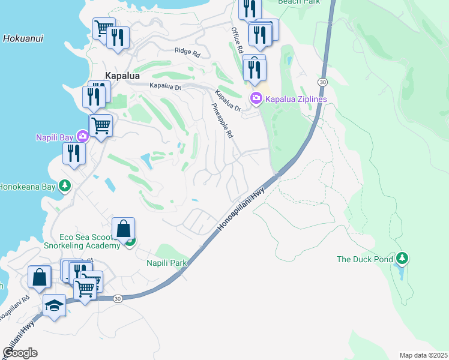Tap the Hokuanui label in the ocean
tap(22, 38)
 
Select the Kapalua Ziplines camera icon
tap(256, 98)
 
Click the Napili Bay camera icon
tap(82, 136)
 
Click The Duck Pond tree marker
tap(402, 259)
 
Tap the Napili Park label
tap(167, 263)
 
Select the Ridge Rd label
tap(187, 52)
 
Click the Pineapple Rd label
tap(221, 121)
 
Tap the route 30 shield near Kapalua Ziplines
tap(323, 81)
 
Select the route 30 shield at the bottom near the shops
tap(118, 298)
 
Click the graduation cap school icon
tap(54, 305)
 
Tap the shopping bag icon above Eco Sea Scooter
tap(123, 229)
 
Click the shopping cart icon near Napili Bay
tap(101, 125)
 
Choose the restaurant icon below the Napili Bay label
tap(74, 152)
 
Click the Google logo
tap(20, 353)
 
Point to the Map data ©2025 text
tap(423, 355)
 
